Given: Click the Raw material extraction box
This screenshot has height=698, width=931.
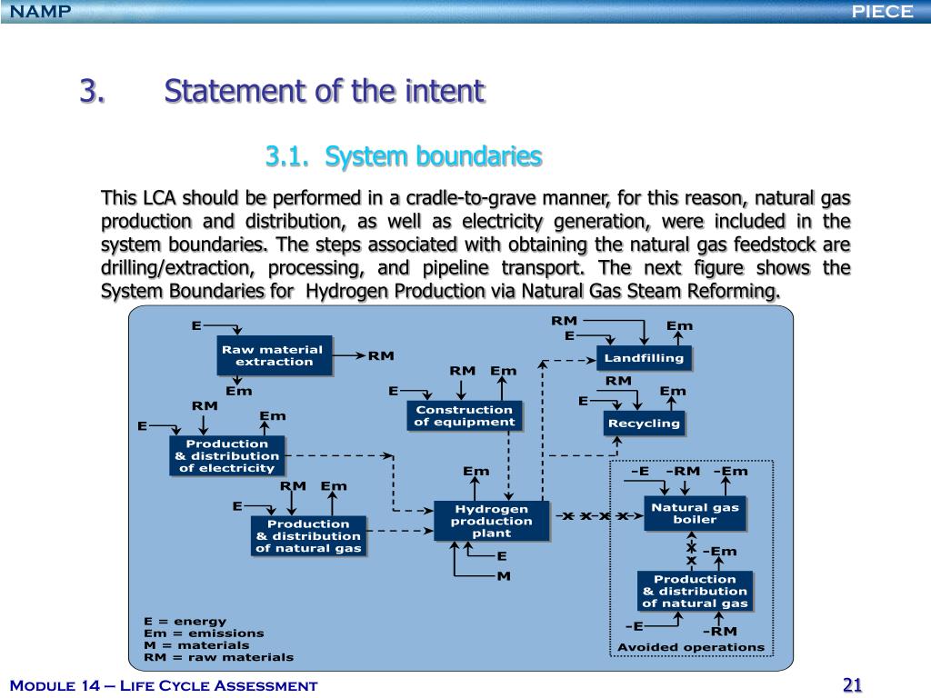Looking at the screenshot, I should point(274,355).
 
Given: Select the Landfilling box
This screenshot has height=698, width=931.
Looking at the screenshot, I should point(644,358).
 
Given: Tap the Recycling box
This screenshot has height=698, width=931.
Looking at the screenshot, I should point(643,424).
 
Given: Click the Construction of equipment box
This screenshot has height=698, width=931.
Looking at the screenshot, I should point(464,415).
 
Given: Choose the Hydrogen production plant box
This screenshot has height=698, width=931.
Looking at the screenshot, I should point(491,521).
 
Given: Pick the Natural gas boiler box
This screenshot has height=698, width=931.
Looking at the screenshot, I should point(695,513).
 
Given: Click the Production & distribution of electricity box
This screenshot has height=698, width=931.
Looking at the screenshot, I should point(226,455).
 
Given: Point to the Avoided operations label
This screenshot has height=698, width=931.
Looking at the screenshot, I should point(691,647).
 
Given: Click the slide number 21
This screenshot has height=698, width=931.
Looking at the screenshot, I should point(852,685).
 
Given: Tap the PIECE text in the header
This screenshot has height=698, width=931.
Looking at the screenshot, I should point(882,11).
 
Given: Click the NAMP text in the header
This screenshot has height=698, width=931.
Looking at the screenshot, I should point(35,11).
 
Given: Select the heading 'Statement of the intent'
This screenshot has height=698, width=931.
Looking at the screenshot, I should point(325,92).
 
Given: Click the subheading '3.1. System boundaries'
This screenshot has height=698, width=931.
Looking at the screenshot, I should point(404,157).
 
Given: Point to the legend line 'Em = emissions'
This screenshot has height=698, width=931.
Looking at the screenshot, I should point(204,633).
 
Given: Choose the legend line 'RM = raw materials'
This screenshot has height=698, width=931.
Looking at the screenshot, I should point(218,656).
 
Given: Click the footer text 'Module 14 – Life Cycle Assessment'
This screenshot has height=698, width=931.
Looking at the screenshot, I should point(164,685).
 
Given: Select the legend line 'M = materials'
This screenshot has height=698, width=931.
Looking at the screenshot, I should point(196,644).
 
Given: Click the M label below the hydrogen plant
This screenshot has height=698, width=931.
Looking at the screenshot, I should point(503,576).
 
